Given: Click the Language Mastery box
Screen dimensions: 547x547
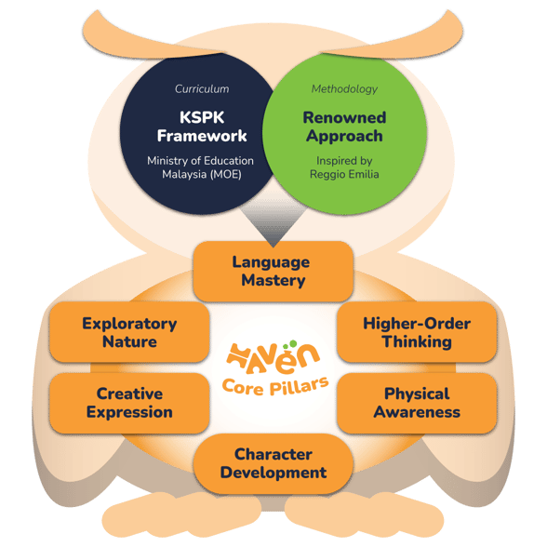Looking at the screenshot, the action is pyautogui.click(x=273, y=272).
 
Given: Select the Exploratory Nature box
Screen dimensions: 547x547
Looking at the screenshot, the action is pyautogui.click(x=129, y=332).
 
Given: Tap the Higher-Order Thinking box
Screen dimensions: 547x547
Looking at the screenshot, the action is pyautogui.click(x=417, y=332).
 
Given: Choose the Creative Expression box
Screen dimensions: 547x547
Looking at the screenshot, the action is pyautogui.click(x=129, y=403).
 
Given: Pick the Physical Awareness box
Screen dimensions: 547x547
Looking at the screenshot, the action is pyautogui.click(x=417, y=403).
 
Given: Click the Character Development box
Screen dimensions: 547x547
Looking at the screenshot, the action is pyautogui.click(x=273, y=463).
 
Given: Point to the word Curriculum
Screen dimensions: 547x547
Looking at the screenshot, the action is pyautogui.click(x=202, y=89).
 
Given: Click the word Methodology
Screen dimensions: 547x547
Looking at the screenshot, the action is pyautogui.click(x=344, y=89).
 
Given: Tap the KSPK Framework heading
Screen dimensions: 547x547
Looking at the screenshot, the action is pyautogui.click(x=202, y=127).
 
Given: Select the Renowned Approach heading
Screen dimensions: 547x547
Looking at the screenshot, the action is pyautogui.click(x=344, y=127).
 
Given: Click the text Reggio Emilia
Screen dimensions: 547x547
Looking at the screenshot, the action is pyautogui.click(x=344, y=174).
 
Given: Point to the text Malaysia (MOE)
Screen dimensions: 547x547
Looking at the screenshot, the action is pyautogui.click(x=202, y=174).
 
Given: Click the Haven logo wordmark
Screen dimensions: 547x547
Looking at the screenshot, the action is pyautogui.click(x=273, y=357).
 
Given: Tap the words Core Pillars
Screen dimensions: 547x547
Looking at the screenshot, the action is pyautogui.click(x=275, y=387).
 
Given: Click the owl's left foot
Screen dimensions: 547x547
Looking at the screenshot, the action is pyautogui.click(x=181, y=514).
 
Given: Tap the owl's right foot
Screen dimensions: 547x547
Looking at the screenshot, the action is pyautogui.click(x=365, y=514).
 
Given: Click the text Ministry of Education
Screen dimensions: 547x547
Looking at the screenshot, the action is pyautogui.click(x=200, y=161).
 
